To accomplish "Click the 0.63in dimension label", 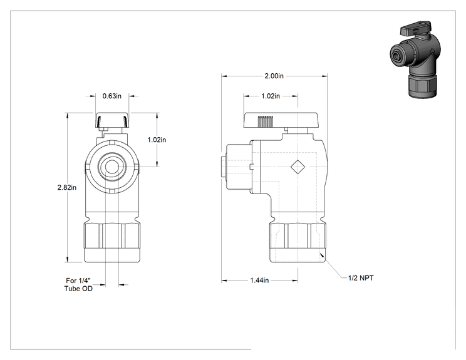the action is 111,96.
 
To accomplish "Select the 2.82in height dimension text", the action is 67,187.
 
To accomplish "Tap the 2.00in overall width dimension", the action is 274,76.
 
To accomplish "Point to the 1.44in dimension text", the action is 259,280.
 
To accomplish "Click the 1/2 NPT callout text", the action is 361,278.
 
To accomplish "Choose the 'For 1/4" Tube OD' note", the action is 78,284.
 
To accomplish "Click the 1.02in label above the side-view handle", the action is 271,96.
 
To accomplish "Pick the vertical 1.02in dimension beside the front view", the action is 157,140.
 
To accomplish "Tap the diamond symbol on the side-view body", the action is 298,167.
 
